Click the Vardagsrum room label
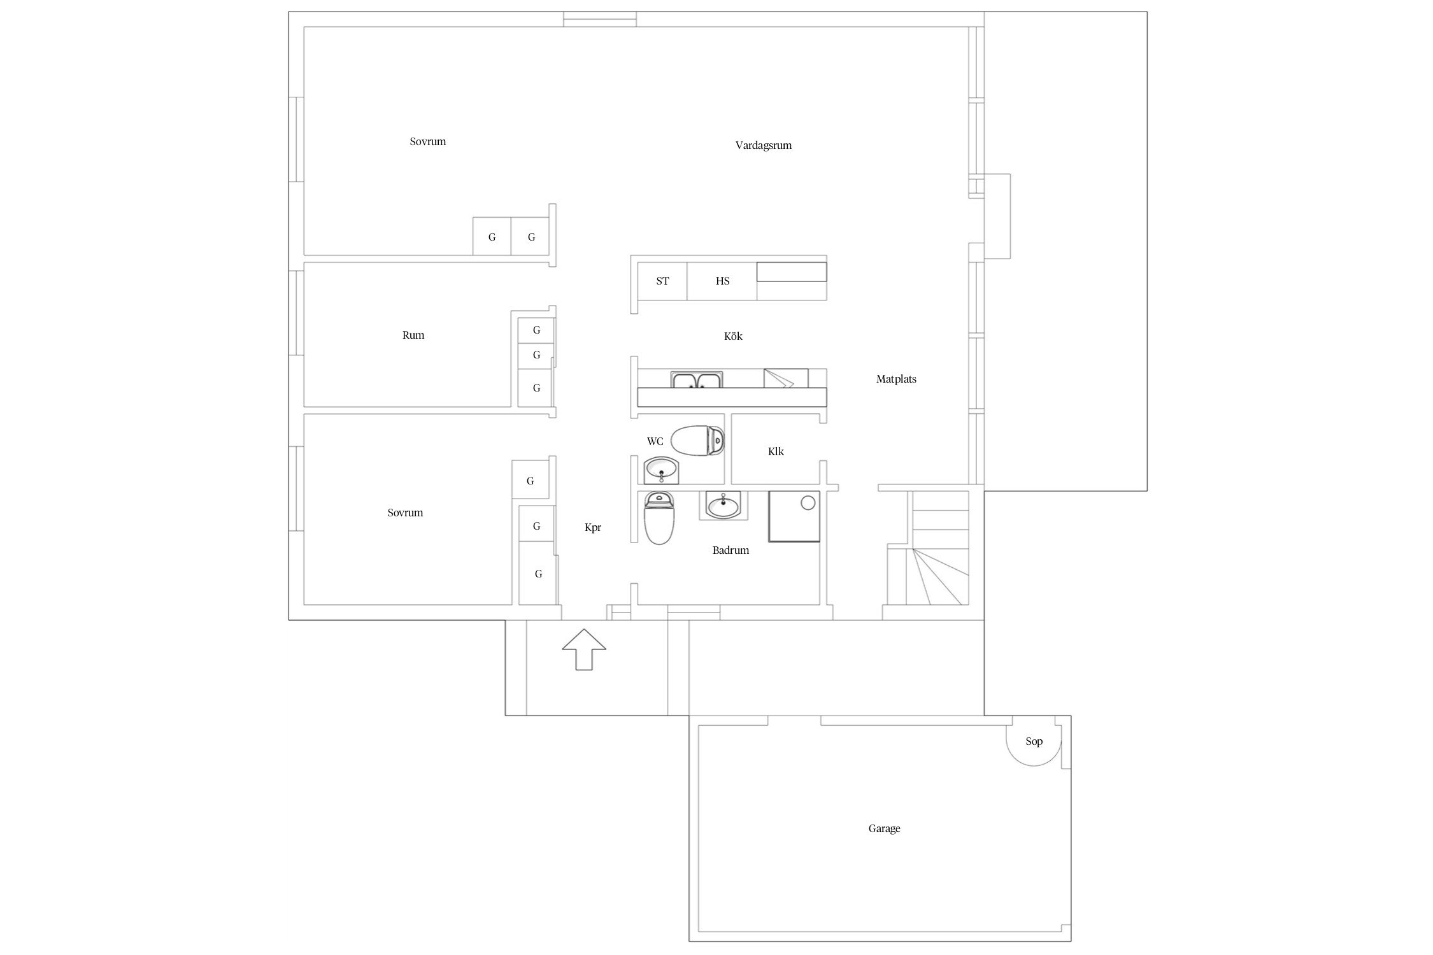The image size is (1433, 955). [x=763, y=145]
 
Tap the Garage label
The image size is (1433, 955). [x=884, y=828]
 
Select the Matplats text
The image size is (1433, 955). [x=895, y=379]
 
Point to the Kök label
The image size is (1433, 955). [x=733, y=336]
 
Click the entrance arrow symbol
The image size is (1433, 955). [x=583, y=649]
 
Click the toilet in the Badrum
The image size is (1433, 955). [x=659, y=518]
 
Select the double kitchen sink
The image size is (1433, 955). [x=696, y=380]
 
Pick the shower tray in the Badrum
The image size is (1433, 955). [x=794, y=516]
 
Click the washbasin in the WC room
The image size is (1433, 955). [x=662, y=471]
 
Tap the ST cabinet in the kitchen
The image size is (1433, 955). [x=662, y=281]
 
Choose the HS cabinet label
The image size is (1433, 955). [x=722, y=281]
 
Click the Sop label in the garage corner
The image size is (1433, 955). [x=1034, y=741]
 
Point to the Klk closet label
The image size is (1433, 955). [x=776, y=451]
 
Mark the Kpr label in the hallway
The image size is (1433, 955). [x=592, y=527]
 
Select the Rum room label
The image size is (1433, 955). [x=413, y=335]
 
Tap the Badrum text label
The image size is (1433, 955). [x=731, y=550]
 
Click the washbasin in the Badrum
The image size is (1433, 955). [x=724, y=506]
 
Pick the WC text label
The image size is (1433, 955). [x=655, y=441]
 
